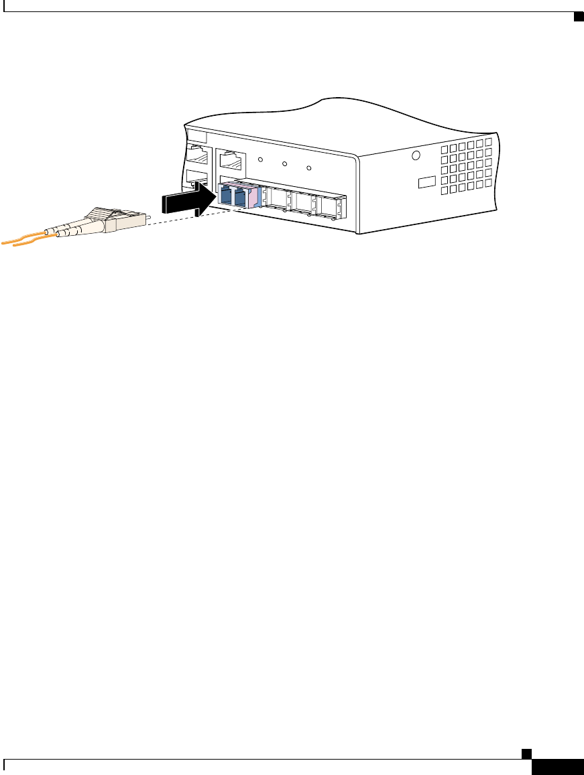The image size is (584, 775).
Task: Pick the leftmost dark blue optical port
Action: pyautogui.click(x=225, y=196)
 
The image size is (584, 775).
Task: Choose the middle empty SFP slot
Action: pyautogui.click(x=303, y=202)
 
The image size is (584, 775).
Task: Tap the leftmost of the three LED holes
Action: pyautogui.click(x=260, y=160)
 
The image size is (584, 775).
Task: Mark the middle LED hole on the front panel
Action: pyautogui.click(x=284, y=163)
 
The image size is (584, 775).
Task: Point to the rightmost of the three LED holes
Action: pyautogui.click(x=308, y=167)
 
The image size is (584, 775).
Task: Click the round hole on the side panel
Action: pyautogui.click(x=416, y=156)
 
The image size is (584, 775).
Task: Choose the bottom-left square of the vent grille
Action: pyautogui.click(x=444, y=191)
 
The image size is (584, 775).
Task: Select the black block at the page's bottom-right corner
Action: pyautogui.click(x=557, y=767)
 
